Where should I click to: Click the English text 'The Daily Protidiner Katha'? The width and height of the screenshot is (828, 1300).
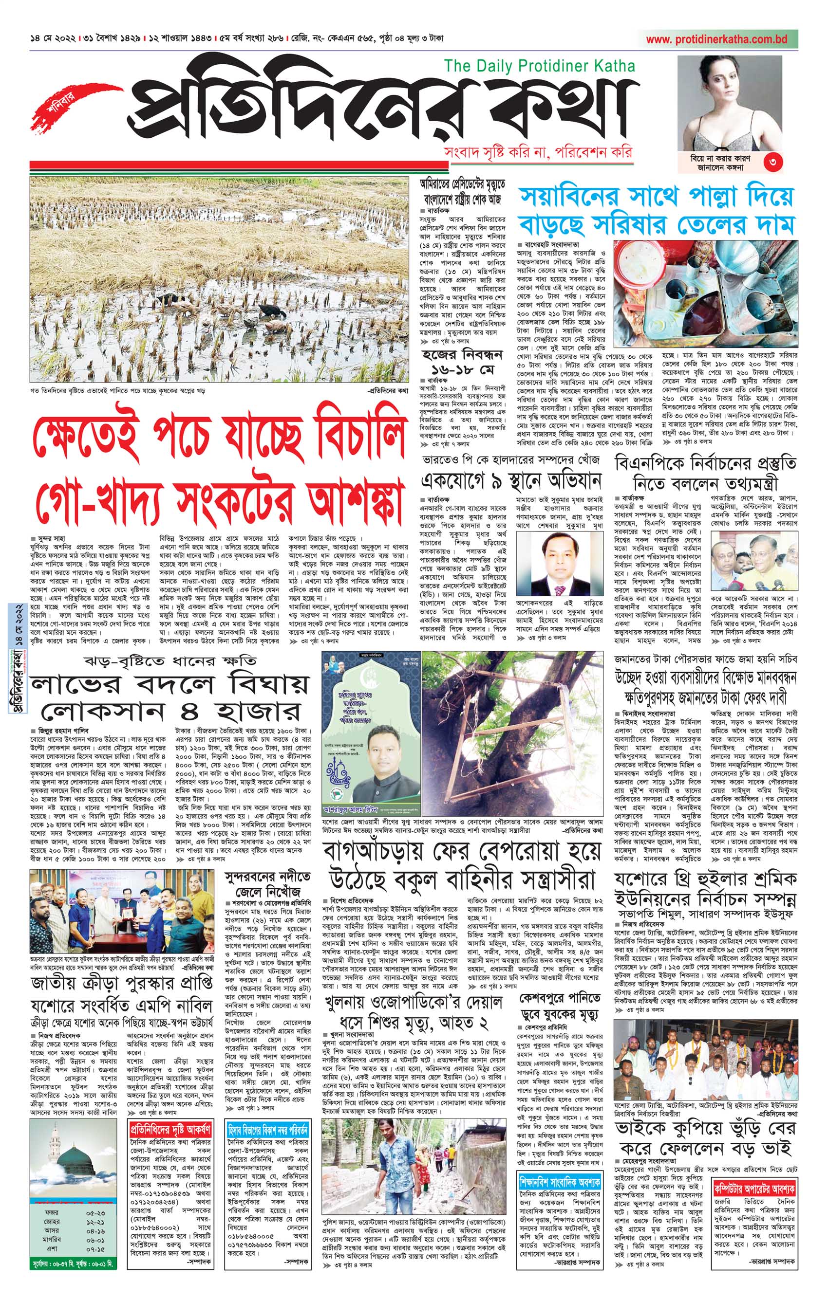pyautogui.click(x=539, y=66)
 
